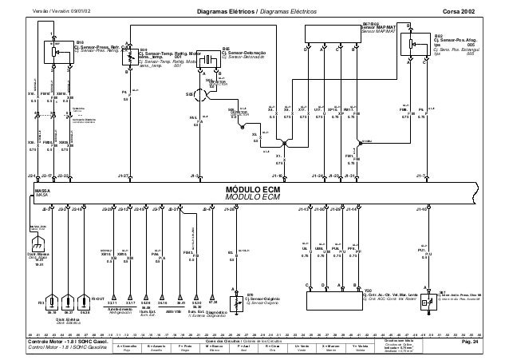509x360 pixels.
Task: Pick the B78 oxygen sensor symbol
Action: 235,303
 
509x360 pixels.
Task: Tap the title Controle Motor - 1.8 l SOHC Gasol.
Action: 60,341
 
